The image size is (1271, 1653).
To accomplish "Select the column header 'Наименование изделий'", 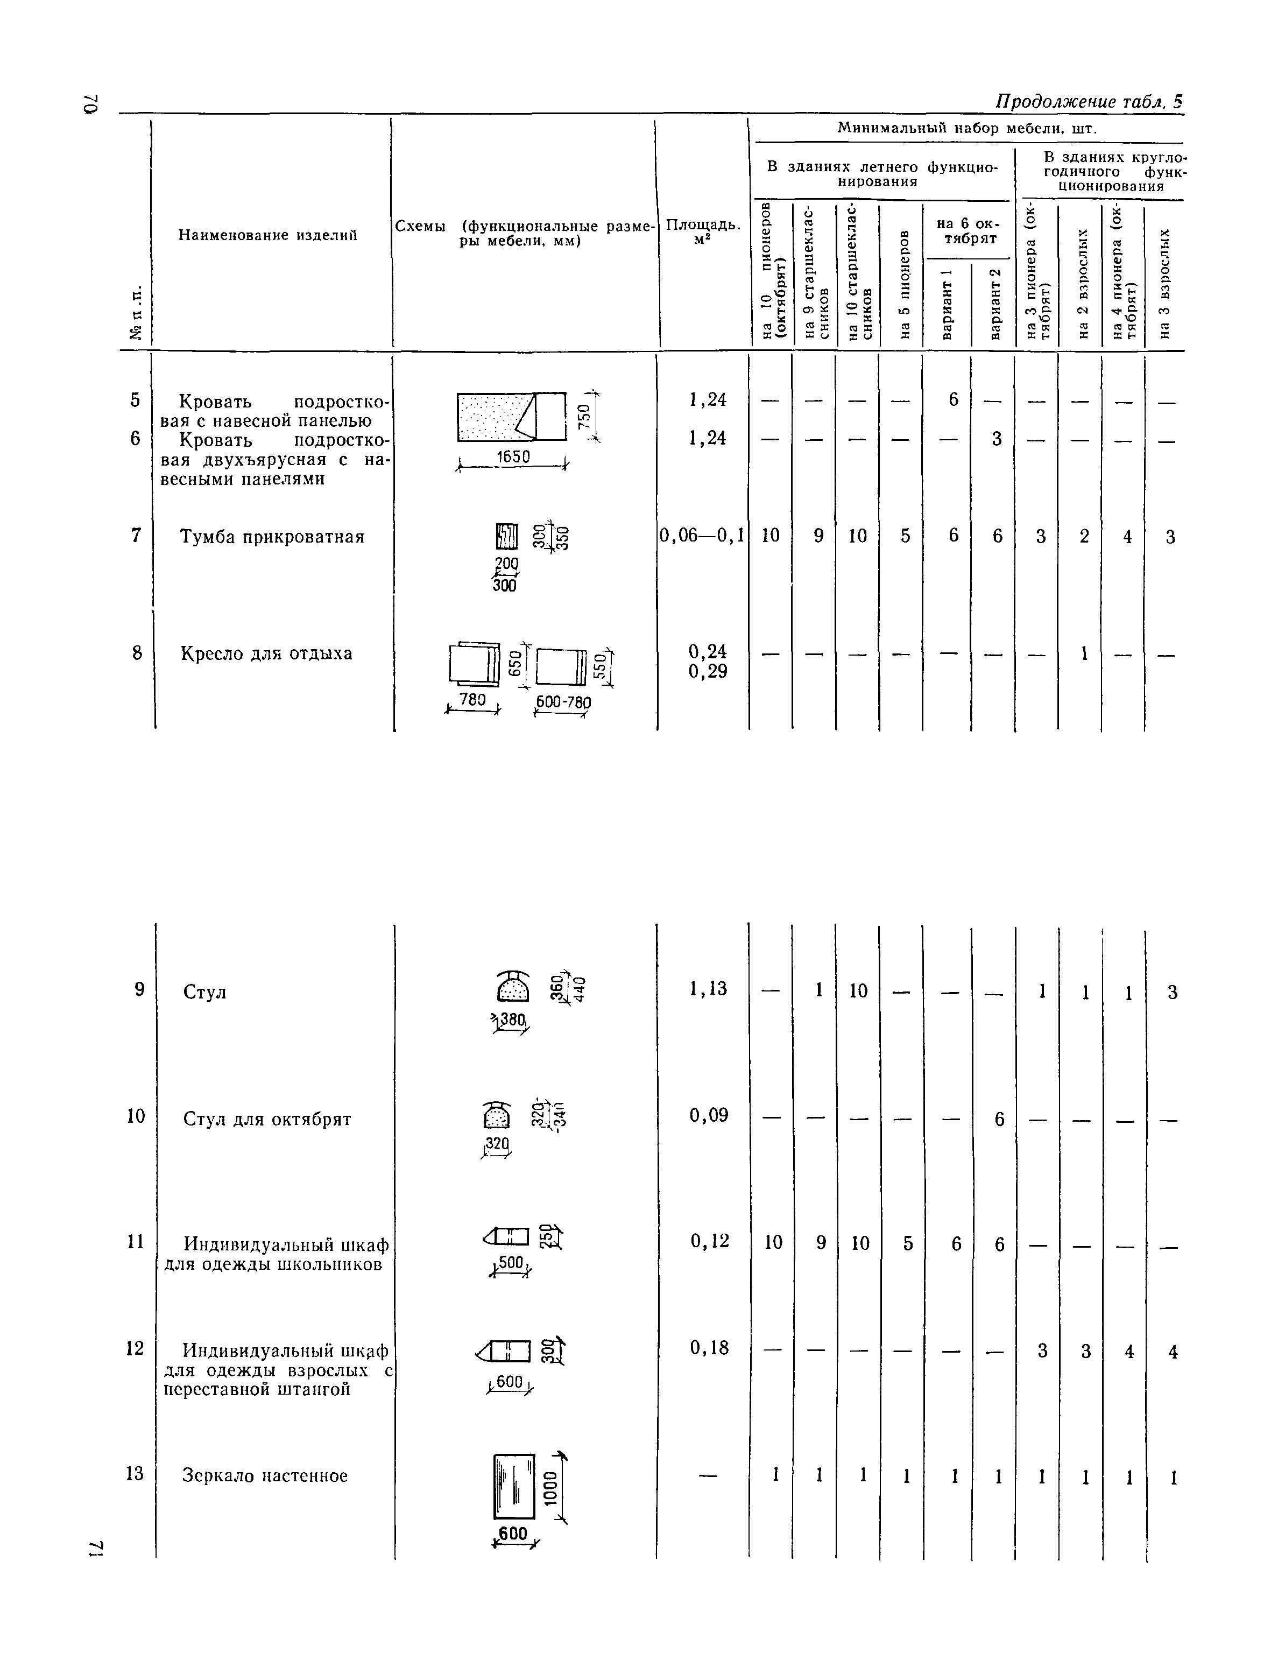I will point(267,235).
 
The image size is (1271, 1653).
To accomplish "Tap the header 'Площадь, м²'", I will point(702,233).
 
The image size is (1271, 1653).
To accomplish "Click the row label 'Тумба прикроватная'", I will point(272,537).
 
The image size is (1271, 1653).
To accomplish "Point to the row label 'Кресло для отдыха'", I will point(266,653).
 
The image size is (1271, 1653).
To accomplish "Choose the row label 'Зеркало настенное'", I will point(265,1475).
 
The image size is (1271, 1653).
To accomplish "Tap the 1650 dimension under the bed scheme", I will point(513,456).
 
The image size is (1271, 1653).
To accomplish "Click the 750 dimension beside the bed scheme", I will point(583,416).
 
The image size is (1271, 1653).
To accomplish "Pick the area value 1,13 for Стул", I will point(708,988).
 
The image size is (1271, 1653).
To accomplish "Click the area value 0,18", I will point(709,1347).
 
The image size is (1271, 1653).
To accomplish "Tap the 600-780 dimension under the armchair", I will point(563,702).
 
